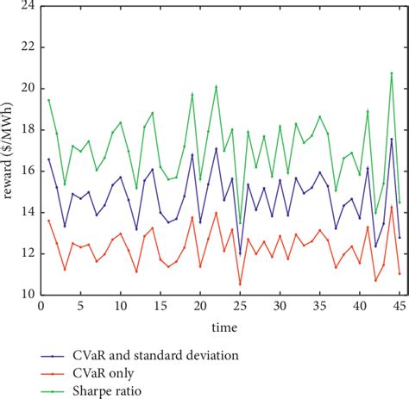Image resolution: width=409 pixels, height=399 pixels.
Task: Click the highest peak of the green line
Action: pos(391,72)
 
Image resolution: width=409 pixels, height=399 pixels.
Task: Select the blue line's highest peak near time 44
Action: pos(391,139)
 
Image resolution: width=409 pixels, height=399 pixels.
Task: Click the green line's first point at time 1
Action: pos(48,99)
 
